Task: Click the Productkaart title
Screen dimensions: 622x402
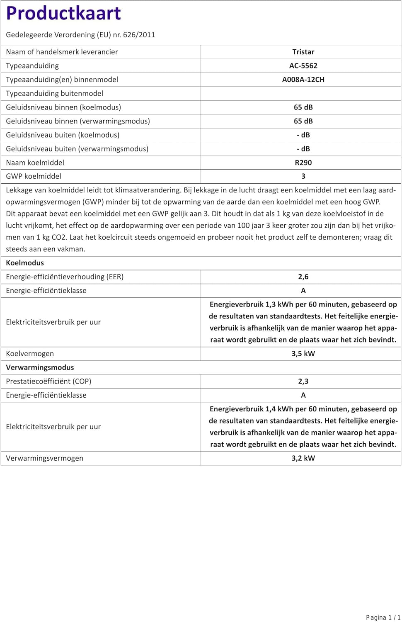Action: click(x=63, y=13)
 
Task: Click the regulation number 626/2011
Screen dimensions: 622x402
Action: click(x=139, y=35)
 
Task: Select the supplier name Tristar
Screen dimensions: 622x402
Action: click(x=303, y=52)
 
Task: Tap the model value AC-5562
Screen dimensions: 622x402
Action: click(x=303, y=66)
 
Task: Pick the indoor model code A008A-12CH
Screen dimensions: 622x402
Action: click(x=303, y=80)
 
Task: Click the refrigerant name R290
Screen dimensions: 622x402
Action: click(x=303, y=163)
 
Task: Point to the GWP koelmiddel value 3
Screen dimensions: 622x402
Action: click(x=303, y=176)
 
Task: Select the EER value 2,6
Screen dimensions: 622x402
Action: click(x=303, y=277)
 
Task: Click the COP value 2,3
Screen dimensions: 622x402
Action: click(x=303, y=381)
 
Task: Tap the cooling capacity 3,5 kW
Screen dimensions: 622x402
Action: click(x=303, y=354)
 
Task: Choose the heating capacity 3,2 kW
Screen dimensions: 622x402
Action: click(x=303, y=458)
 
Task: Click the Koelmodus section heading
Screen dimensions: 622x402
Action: click(x=25, y=263)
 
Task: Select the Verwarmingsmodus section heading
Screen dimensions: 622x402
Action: click(x=40, y=367)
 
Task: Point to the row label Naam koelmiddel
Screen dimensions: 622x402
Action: click(x=35, y=163)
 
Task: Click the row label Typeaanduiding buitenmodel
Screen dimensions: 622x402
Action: click(x=54, y=93)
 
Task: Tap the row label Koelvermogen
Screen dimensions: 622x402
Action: click(x=30, y=354)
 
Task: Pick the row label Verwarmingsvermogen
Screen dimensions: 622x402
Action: click(x=44, y=458)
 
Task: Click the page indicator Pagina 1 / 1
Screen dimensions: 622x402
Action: click(x=383, y=617)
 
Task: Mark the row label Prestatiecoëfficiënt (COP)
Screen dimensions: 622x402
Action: click(x=48, y=381)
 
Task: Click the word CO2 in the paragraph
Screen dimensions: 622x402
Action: click(x=59, y=237)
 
